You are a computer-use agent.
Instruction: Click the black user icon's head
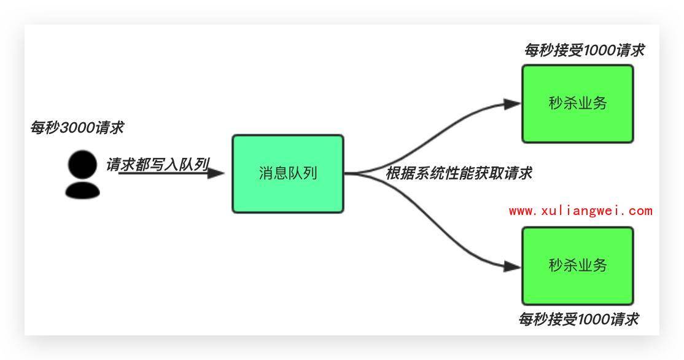[x=82, y=165]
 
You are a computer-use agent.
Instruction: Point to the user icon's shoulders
[x=82, y=189]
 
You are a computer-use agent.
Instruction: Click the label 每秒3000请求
[x=77, y=128]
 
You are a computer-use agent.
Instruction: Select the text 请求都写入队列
[x=157, y=165]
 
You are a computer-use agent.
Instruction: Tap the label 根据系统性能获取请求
[x=458, y=174]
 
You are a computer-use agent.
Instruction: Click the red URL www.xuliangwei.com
[x=580, y=211]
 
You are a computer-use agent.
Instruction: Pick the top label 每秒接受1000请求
[x=584, y=50]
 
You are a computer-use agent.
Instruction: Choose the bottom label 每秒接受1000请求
[x=578, y=319]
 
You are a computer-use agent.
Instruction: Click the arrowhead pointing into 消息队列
[x=216, y=173]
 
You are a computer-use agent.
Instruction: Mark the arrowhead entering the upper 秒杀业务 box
[x=512, y=104]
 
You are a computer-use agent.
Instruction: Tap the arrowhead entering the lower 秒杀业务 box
[x=512, y=266]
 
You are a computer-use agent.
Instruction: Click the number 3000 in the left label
[x=77, y=128]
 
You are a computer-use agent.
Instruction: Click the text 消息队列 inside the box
[x=287, y=173]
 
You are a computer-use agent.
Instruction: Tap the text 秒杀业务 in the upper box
[x=577, y=103]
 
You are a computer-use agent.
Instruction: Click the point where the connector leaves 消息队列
[x=345, y=174]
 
